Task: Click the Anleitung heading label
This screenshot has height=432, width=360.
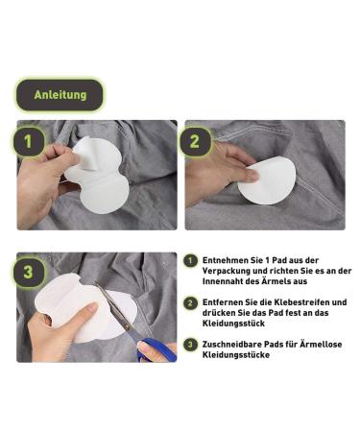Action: click(60, 95)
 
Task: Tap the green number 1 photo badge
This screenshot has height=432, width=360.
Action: click(30, 142)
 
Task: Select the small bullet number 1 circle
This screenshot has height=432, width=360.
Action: click(191, 261)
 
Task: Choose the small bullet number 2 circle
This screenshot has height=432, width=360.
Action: click(191, 302)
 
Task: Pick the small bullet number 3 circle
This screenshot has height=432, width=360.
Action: click(191, 344)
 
